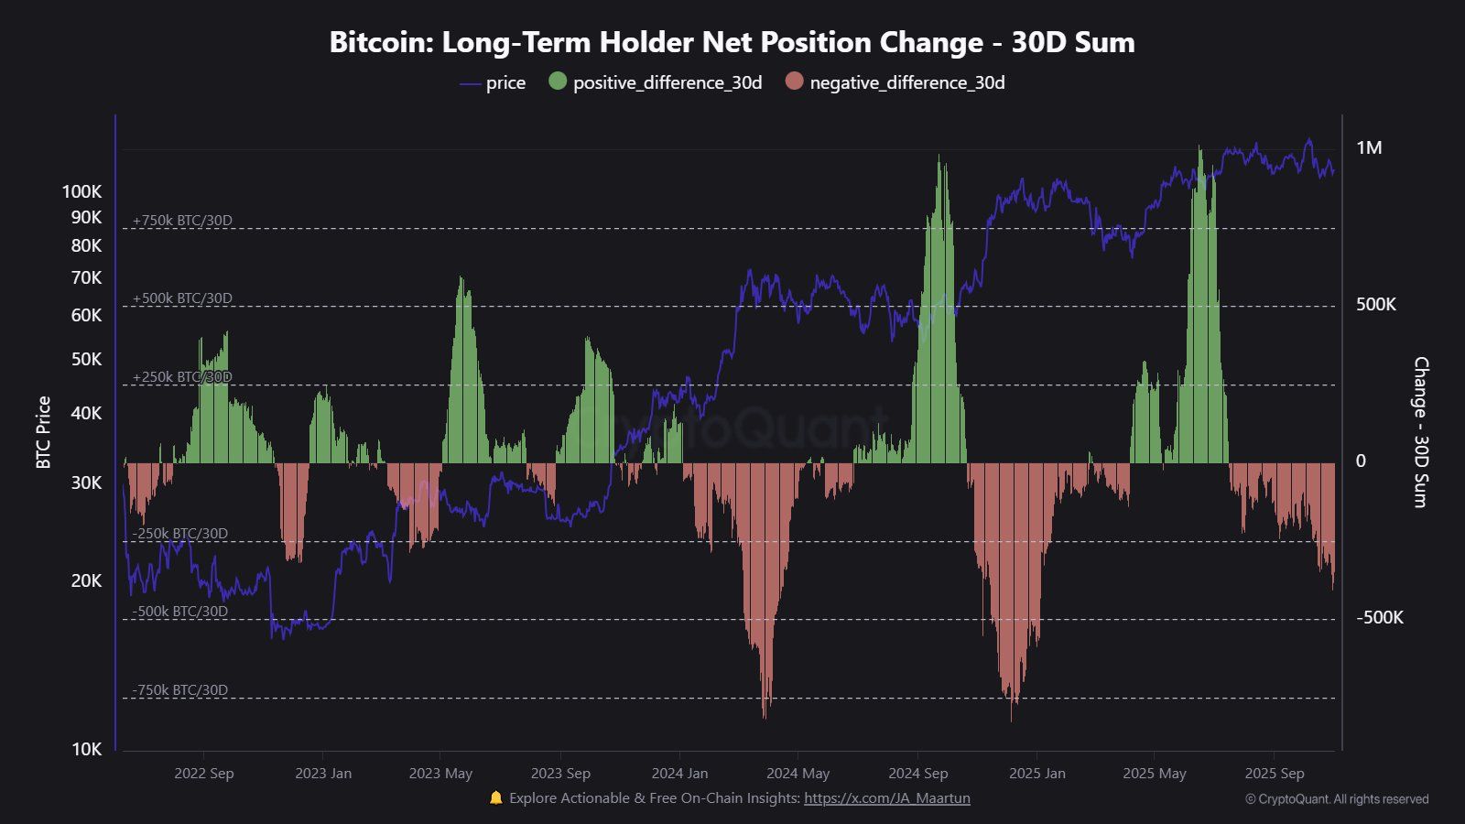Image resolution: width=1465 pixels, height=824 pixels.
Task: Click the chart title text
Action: coord(732,42)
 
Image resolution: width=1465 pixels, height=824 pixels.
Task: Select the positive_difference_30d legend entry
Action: coord(656,82)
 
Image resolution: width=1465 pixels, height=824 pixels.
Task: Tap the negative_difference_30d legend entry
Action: coord(895,82)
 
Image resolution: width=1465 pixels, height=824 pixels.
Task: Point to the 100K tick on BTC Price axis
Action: coord(82,191)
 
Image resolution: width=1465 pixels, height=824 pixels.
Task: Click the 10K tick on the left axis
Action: coord(86,749)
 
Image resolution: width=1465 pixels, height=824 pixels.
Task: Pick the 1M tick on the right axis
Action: coord(1369,148)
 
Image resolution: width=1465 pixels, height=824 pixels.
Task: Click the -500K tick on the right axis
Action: coord(1379,618)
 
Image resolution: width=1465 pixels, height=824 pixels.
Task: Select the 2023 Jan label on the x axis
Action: coord(322,773)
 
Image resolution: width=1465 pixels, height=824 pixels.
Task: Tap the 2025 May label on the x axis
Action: coord(1154,773)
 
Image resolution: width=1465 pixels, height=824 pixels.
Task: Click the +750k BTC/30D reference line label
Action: coord(182,221)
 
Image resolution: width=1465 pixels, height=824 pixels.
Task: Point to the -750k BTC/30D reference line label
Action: coord(179,690)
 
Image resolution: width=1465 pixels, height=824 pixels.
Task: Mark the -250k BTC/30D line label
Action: coord(179,534)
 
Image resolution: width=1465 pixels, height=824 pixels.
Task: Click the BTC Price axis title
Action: coord(43,432)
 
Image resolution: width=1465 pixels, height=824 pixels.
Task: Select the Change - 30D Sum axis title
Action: coord(1420,432)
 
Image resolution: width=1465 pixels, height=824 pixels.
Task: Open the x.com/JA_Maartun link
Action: coord(886,798)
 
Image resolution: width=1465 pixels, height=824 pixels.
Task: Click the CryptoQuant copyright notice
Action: coord(1336,799)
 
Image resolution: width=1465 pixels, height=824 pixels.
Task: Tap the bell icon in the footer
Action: coord(496,797)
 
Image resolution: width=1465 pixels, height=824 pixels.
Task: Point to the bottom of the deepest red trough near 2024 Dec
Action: coord(1012,720)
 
